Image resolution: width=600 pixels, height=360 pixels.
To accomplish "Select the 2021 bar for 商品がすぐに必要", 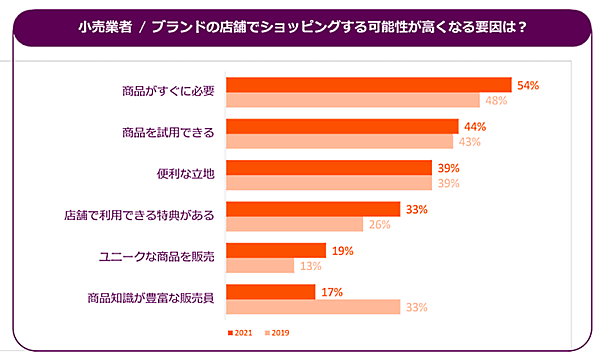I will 369,85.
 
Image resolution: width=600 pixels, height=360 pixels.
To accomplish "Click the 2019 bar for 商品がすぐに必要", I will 353,100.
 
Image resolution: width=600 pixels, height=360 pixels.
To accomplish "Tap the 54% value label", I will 528,85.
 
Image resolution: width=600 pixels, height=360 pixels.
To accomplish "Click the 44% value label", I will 475,126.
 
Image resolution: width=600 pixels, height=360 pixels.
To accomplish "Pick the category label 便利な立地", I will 181,174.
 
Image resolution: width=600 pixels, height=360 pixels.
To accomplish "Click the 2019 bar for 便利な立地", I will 329,183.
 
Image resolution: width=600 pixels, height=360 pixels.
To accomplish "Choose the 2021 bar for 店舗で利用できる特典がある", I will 313,209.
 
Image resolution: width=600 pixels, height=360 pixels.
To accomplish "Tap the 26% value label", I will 380,224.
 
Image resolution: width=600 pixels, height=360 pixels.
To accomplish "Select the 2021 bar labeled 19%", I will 276,250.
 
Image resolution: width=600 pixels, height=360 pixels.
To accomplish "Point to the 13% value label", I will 310,265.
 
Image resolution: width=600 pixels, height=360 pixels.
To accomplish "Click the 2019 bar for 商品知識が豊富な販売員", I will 313,306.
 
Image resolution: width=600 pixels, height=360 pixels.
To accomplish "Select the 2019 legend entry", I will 277,332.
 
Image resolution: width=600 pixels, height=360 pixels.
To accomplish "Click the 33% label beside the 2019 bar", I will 418,306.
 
